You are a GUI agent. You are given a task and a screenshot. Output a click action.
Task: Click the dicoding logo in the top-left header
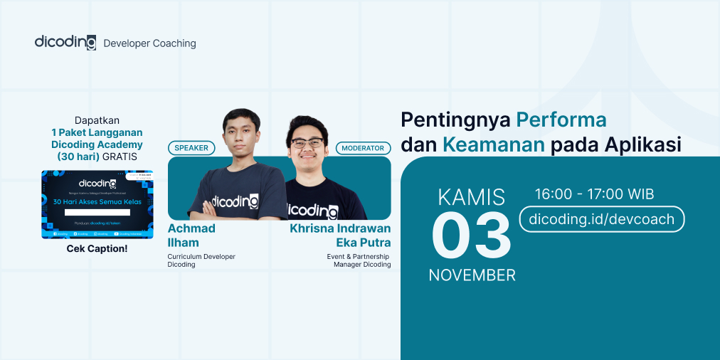[65, 42]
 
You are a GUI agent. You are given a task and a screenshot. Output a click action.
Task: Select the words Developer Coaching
[149, 43]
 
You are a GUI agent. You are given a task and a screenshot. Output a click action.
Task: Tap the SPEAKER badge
[191, 148]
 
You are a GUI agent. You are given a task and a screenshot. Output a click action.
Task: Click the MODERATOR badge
[363, 148]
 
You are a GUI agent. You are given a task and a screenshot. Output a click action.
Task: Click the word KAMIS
[471, 196]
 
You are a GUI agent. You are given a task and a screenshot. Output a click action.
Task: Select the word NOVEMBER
[472, 275]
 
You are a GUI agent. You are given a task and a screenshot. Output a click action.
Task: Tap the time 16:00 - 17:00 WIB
[594, 194]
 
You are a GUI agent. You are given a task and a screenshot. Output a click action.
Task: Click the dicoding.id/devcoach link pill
[602, 219]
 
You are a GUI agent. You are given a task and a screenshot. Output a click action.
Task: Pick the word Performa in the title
[561, 120]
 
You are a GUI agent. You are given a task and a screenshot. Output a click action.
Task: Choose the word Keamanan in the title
[493, 144]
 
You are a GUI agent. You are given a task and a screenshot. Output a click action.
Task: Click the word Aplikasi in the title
[642, 144]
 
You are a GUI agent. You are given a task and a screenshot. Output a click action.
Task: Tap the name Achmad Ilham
[191, 235]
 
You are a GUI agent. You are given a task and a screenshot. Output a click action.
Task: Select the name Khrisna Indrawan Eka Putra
[340, 235]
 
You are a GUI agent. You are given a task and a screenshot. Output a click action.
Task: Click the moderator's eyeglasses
[307, 144]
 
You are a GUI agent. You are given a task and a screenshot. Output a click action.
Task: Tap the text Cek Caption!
[97, 249]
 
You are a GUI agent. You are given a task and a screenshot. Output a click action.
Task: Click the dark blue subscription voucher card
[97, 203]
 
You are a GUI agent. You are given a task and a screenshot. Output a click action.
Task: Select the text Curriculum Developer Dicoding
[201, 260]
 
